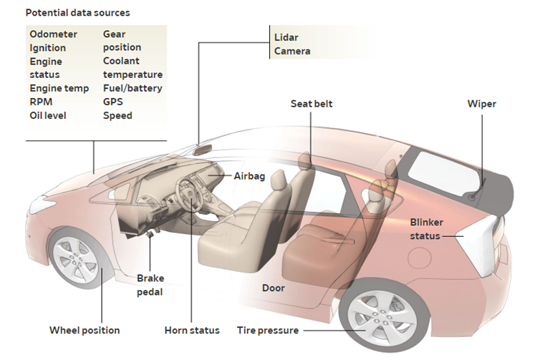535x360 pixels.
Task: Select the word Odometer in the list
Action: (53, 34)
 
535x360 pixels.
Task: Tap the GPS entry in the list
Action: (113, 102)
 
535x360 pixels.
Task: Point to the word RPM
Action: (41, 102)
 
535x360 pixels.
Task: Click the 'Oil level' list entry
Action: (49, 115)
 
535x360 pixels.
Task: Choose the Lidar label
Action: (286, 37)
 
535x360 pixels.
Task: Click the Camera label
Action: (294, 52)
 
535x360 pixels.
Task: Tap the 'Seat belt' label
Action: (312, 104)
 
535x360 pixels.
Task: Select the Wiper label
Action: (481, 104)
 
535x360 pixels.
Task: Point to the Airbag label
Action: (250, 175)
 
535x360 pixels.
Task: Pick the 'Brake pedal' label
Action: (150, 286)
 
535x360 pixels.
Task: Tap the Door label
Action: (273, 288)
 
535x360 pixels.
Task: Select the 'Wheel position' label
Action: (85, 331)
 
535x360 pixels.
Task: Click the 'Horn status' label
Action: (191, 331)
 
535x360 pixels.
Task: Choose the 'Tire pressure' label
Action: (268, 331)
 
